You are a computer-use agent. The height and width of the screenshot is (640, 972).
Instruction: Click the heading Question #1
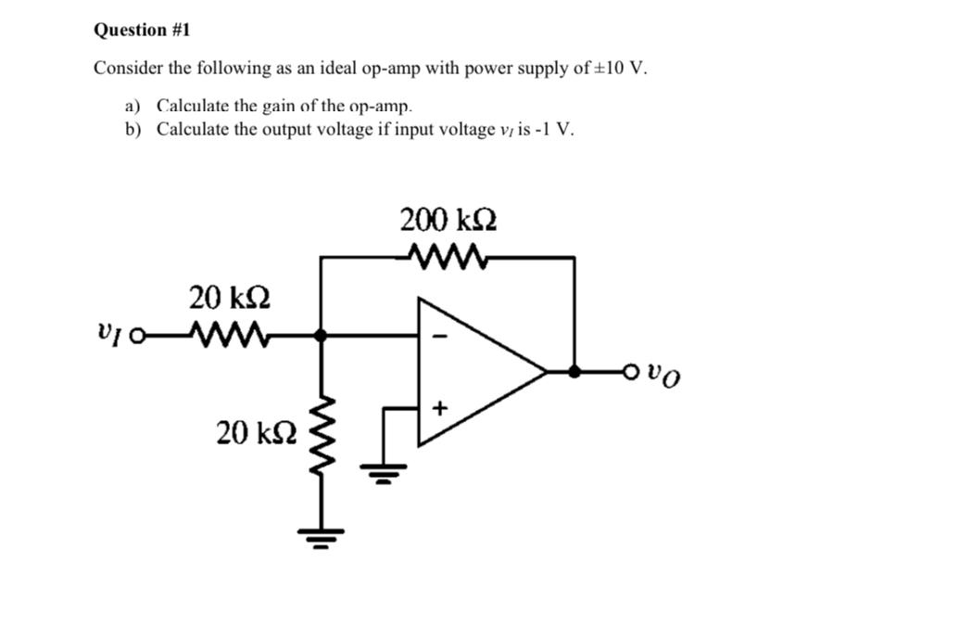coord(142,30)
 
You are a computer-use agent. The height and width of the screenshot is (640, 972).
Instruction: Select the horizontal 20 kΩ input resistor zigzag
coord(226,331)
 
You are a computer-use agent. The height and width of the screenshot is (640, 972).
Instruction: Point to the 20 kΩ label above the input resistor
coord(229,298)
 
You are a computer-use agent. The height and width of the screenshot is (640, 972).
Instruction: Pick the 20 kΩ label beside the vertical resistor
coord(256,431)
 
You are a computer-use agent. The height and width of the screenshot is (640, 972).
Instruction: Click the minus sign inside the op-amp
coord(440,336)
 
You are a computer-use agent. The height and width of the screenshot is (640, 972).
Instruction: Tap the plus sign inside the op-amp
coord(440,406)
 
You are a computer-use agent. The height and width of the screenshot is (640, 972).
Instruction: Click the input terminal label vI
coord(107,330)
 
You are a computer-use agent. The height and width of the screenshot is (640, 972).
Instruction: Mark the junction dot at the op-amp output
coord(574,371)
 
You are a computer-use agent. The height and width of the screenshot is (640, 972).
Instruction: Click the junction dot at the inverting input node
coord(322,337)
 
